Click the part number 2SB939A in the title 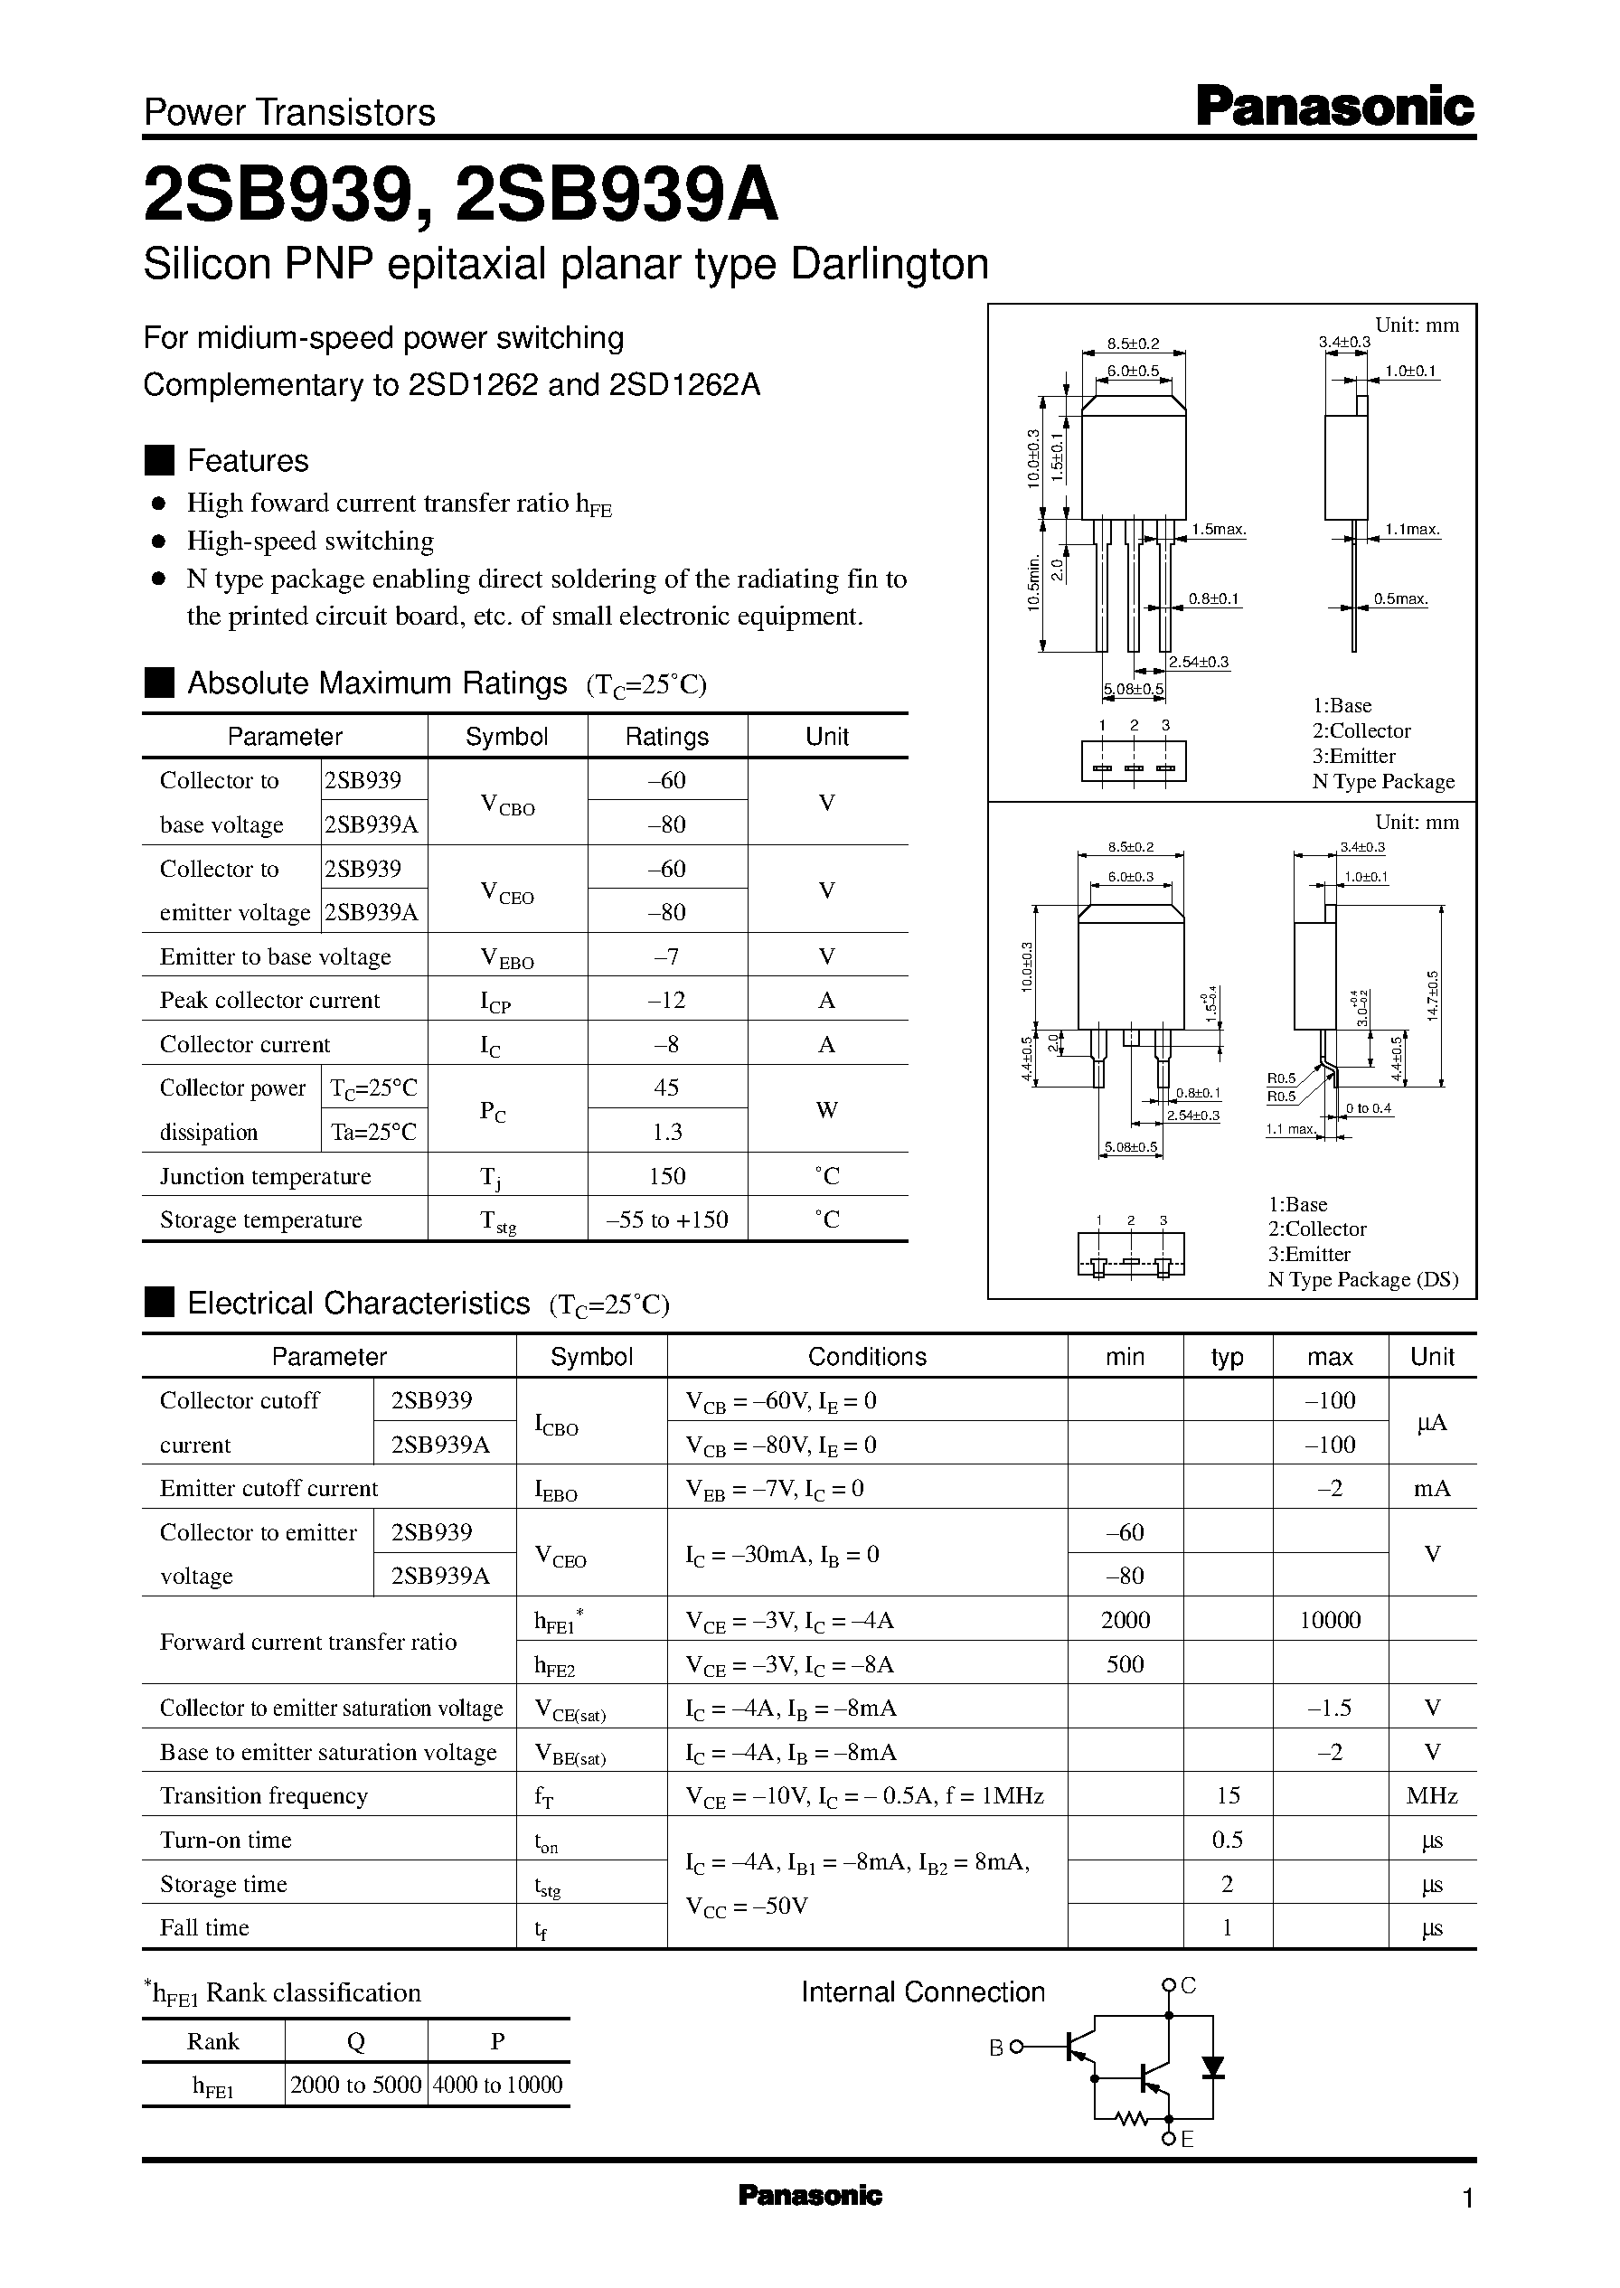[x=616, y=196]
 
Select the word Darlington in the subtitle [x=889, y=264]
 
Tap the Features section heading [x=248, y=461]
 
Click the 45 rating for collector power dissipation [x=666, y=1088]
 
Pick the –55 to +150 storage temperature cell [x=666, y=1219]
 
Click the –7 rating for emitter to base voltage [x=666, y=956]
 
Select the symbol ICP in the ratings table [x=494, y=1002]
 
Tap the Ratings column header [x=666, y=737]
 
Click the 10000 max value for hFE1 [x=1330, y=1620]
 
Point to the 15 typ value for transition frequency [x=1228, y=1795]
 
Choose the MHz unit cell [x=1431, y=1795]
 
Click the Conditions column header [x=867, y=1357]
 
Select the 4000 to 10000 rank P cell [x=498, y=2085]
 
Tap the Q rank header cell [x=355, y=2041]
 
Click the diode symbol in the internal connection [x=1212, y=2067]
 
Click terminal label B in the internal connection [x=995, y=2048]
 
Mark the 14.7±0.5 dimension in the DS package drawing [x=1434, y=994]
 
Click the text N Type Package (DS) [x=1362, y=1280]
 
